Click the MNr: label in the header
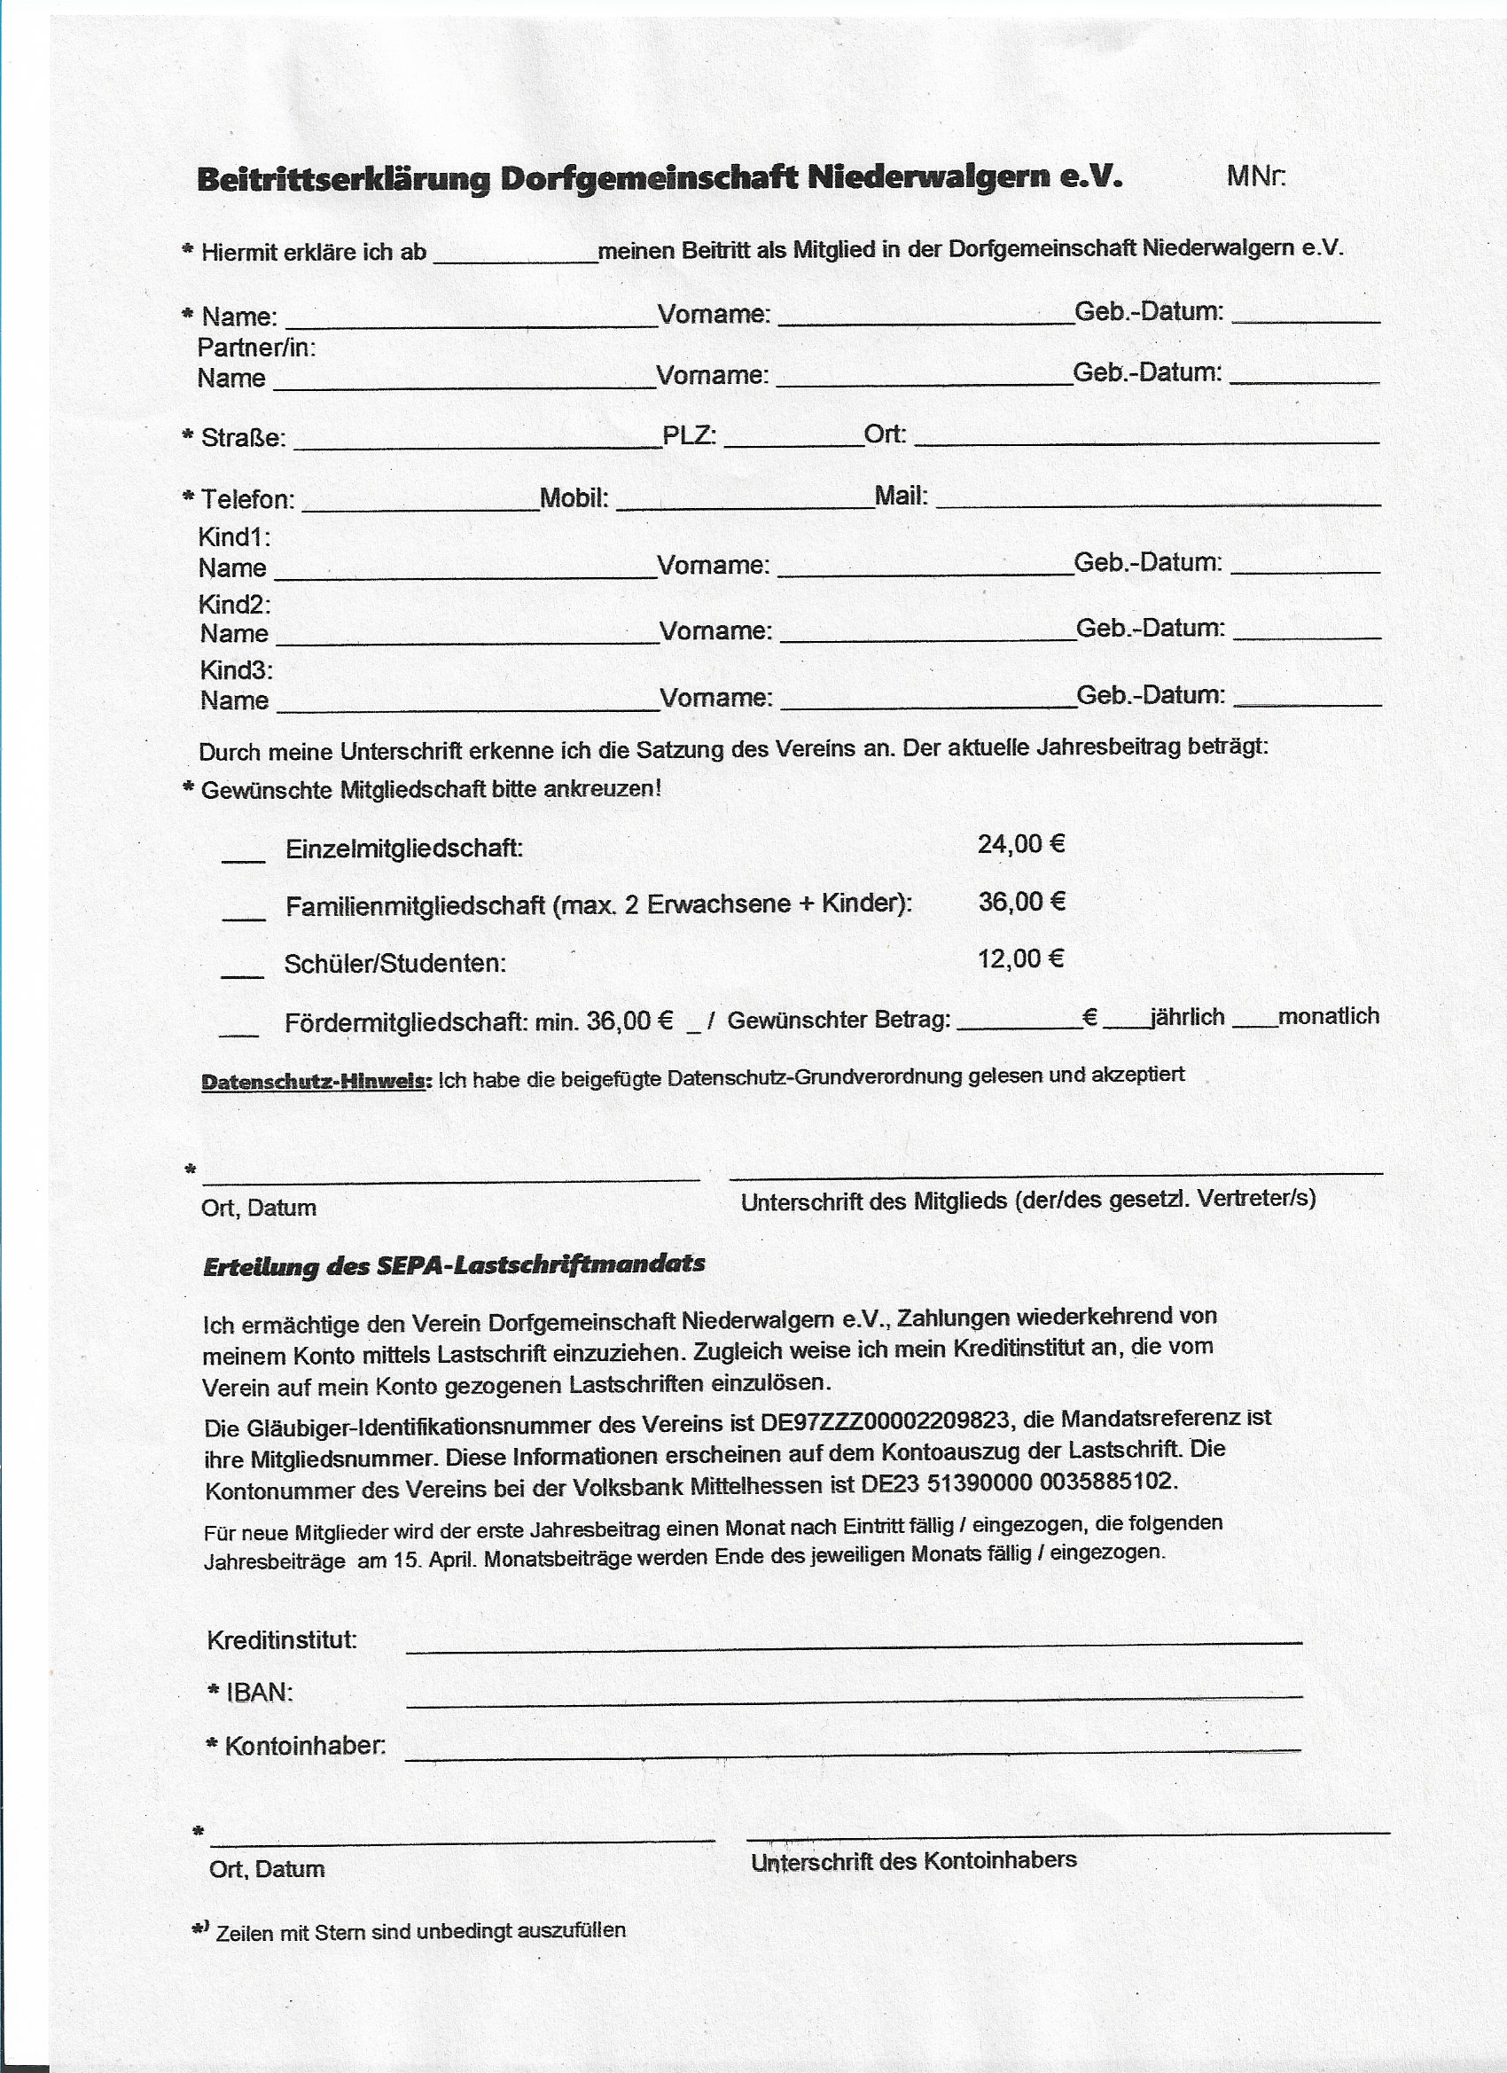[1255, 176]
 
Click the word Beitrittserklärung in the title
[344, 178]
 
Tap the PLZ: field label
[689, 435]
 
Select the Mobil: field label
[574, 498]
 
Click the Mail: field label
[901, 497]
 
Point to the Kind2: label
[235, 604]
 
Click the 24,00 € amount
[1021, 843]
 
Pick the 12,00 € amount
[1021, 958]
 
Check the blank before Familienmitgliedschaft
[243, 916]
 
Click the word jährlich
[1187, 1017]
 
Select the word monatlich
[1328, 1016]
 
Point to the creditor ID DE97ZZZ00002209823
[885, 1421]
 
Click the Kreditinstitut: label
[282, 1639]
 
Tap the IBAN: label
[260, 1693]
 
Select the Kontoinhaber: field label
[305, 1746]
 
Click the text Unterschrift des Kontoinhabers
[914, 1861]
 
